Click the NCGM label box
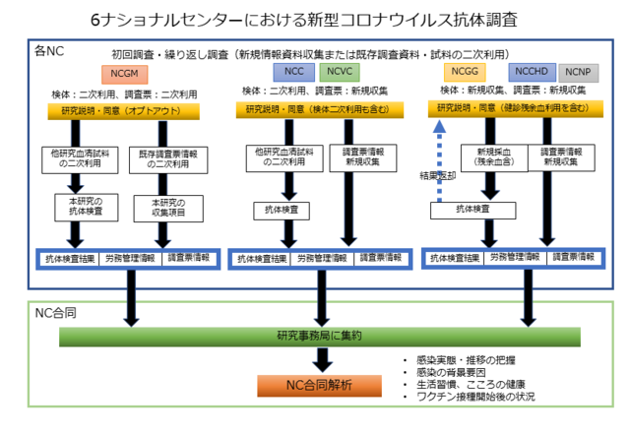123,74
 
